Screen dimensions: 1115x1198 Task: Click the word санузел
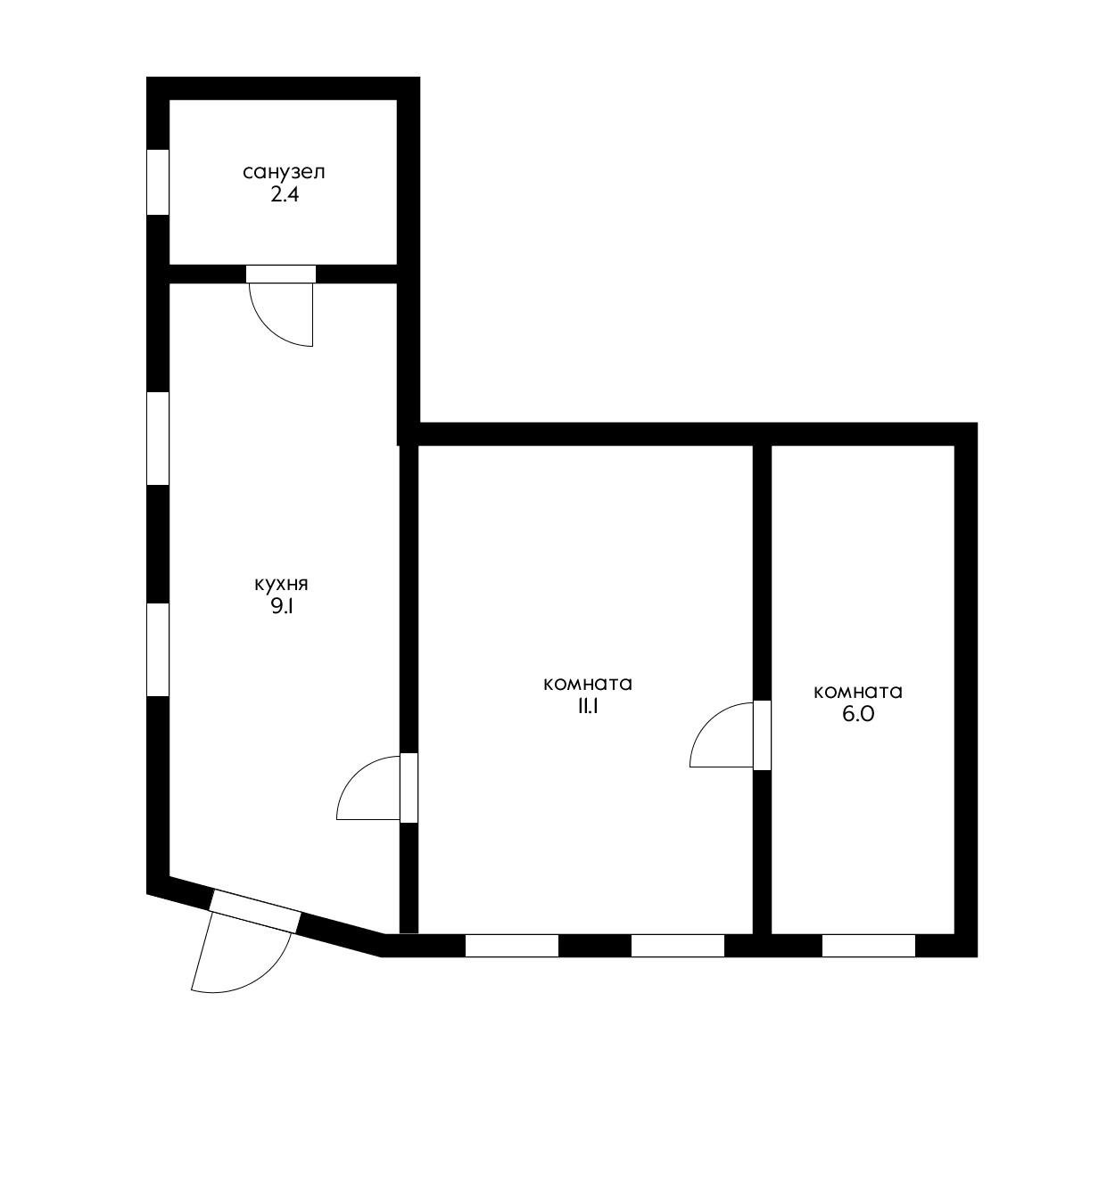coord(284,173)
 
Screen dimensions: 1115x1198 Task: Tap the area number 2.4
coord(285,195)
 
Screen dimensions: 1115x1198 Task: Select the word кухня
coord(281,585)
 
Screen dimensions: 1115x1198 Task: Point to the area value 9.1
coord(281,607)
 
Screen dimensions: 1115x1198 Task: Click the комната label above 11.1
coord(588,684)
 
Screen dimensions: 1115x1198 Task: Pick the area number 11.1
coord(588,706)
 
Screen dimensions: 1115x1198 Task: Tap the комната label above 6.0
coord(858,692)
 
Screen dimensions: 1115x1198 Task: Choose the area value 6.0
coord(858,714)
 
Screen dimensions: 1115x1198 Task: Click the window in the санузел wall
coord(158,182)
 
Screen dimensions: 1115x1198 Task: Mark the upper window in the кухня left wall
coord(158,439)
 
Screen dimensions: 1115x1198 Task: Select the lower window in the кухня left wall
coord(158,650)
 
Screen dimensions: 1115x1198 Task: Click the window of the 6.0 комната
coord(868,945)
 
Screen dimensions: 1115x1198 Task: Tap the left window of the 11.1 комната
coord(511,945)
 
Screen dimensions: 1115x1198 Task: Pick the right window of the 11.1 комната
coord(677,945)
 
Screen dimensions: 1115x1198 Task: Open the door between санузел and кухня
coord(281,274)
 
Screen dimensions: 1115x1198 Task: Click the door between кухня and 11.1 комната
coord(409,788)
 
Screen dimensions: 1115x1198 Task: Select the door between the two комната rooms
coord(762,734)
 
